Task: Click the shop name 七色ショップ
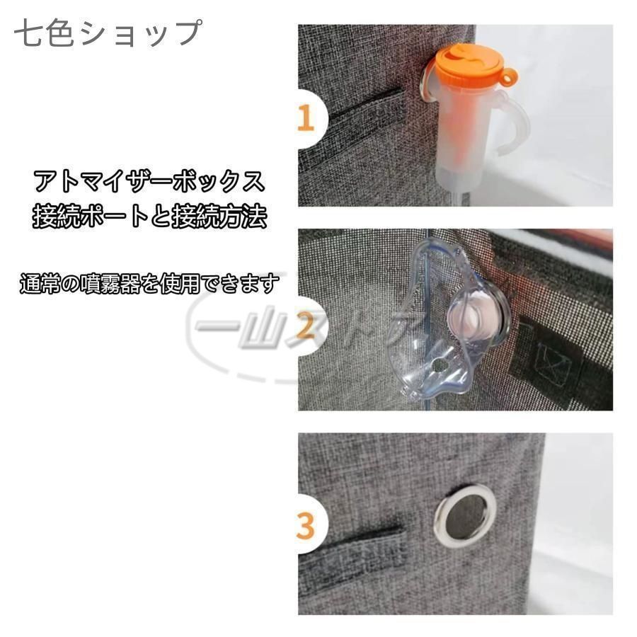[108, 33]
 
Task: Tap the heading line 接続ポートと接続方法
[149, 216]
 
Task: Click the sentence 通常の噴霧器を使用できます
[149, 284]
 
